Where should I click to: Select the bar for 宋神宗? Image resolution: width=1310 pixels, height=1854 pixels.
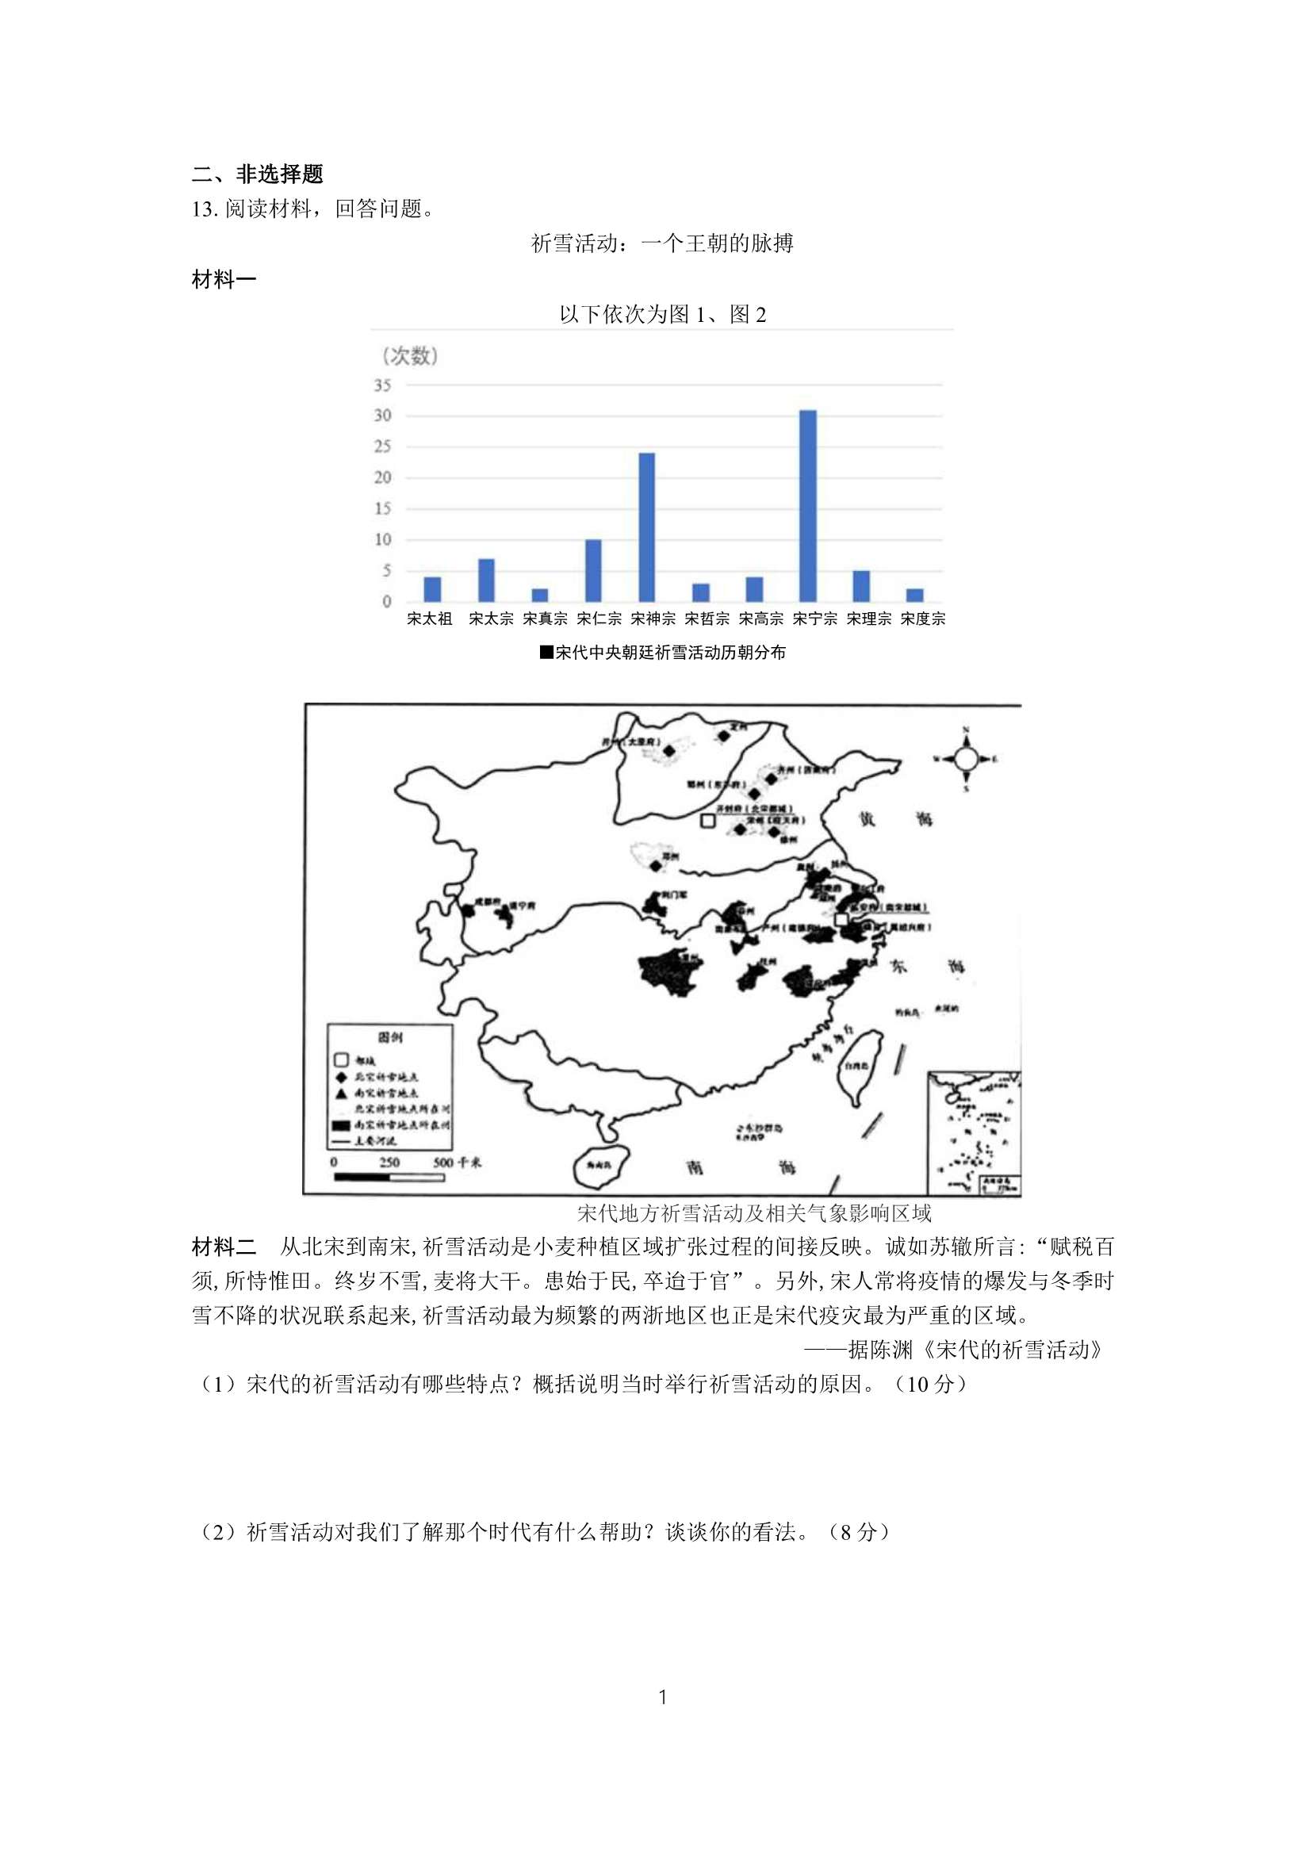[646, 527]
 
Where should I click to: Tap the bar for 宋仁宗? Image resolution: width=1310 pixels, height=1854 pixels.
[593, 570]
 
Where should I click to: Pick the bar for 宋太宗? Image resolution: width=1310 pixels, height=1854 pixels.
[486, 580]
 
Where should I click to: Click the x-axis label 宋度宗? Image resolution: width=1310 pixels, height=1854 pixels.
[922, 619]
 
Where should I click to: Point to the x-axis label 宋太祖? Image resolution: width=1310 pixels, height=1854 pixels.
[430, 619]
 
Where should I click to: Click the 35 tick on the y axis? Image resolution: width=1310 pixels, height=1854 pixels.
[382, 385]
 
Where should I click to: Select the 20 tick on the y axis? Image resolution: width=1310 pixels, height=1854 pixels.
[382, 477]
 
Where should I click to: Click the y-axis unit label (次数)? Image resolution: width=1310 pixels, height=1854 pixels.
[409, 355]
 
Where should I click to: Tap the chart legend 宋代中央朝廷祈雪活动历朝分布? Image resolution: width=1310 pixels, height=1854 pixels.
[662, 653]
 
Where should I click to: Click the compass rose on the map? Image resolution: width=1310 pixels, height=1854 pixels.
[966, 758]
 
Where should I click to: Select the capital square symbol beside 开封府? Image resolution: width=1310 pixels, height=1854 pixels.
[707, 821]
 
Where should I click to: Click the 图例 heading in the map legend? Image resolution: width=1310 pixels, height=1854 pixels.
[390, 1038]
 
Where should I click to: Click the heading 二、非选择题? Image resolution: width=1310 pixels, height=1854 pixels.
[257, 174]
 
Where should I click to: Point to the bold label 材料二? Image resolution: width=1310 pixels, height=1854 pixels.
[224, 1247]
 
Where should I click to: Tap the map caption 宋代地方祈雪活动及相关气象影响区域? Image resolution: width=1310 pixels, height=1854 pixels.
[754, 1212]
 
